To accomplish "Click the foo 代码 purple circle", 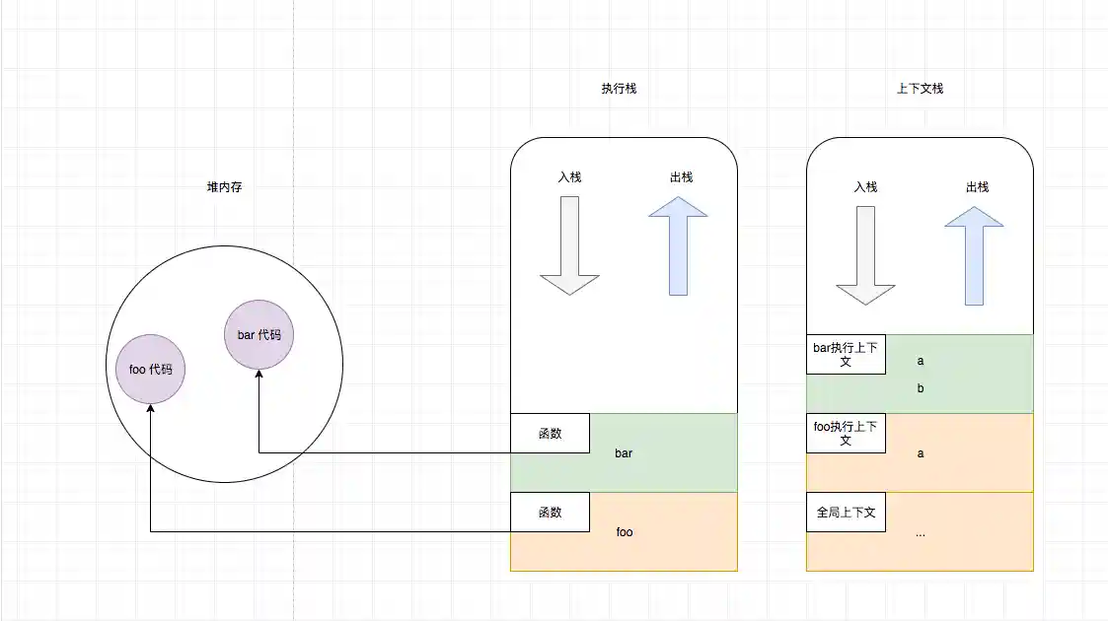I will [151, 370].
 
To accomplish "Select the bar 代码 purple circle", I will [259, 335].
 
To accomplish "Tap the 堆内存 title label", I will [224, 187].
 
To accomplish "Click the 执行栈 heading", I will [619, 88].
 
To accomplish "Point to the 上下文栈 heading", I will [920, 88].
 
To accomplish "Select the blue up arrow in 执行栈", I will [678, 245].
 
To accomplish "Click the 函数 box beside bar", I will [550, 433].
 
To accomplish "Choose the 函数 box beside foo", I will [550, 512].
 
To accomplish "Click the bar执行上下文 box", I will [846, 354].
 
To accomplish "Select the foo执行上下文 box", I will [846, 433].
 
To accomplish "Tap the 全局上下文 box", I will [846, 512].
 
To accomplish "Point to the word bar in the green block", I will [624, 453].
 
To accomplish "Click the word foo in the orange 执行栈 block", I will [625, 532].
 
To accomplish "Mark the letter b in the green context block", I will [921, 388].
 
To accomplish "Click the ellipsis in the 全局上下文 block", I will [921, 533].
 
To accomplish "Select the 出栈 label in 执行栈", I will [681, 177].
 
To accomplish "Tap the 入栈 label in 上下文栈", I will [865, 186].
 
